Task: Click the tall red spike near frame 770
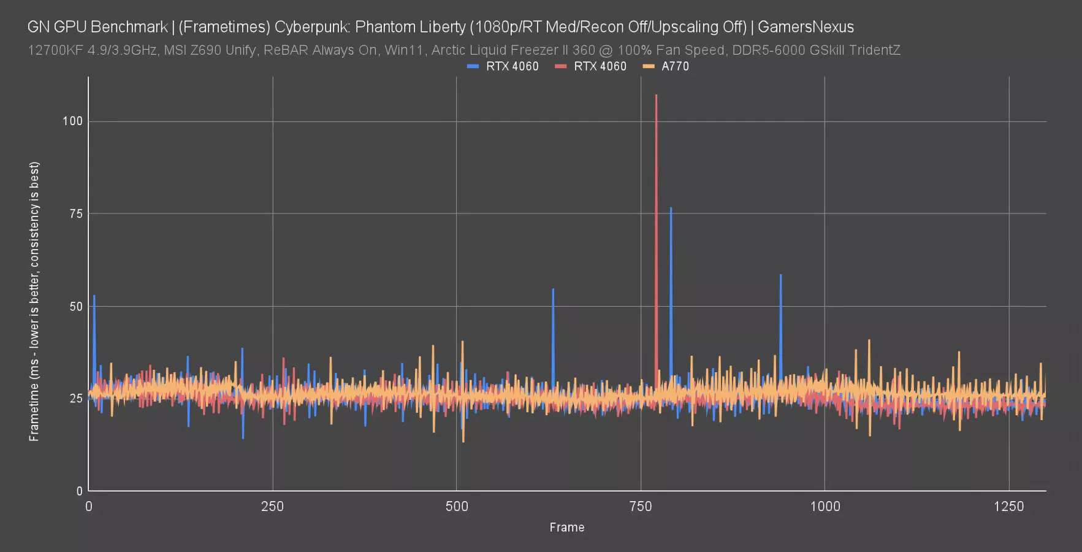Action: pyautogui.click(x=656, y=239)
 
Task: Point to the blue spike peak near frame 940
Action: pyautogui.click(x=780, y=275)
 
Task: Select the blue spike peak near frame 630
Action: pyautogui.click(x=553, y=289)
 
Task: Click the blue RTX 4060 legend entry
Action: pyautogui.click(x=503, y=66)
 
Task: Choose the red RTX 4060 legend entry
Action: pyautogui.click(x=591, y=66)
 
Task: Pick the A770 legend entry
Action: pyautogui.click(x=666, y=66)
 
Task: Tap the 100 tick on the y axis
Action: pyautogui.click(x=72, y=121)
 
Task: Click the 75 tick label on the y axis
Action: pyautogui.click(x=76, y=213)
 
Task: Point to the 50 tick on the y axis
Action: pyautogui.click(x=76, y=306)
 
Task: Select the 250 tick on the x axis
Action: pyautogui.click(x=272, y=506)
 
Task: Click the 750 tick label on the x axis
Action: pyautogui.click(x=641, y=506)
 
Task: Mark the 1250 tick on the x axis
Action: pyautogui.click(x=1008, y=506)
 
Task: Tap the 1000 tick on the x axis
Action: pyautogui.click(x=825, y=506)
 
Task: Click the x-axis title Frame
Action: pyautogui.click(x=567, y=527)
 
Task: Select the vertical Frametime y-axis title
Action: pyautogui.click(x=34, y=301)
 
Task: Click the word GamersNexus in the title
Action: pyautogui.click(x=806, y=27)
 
